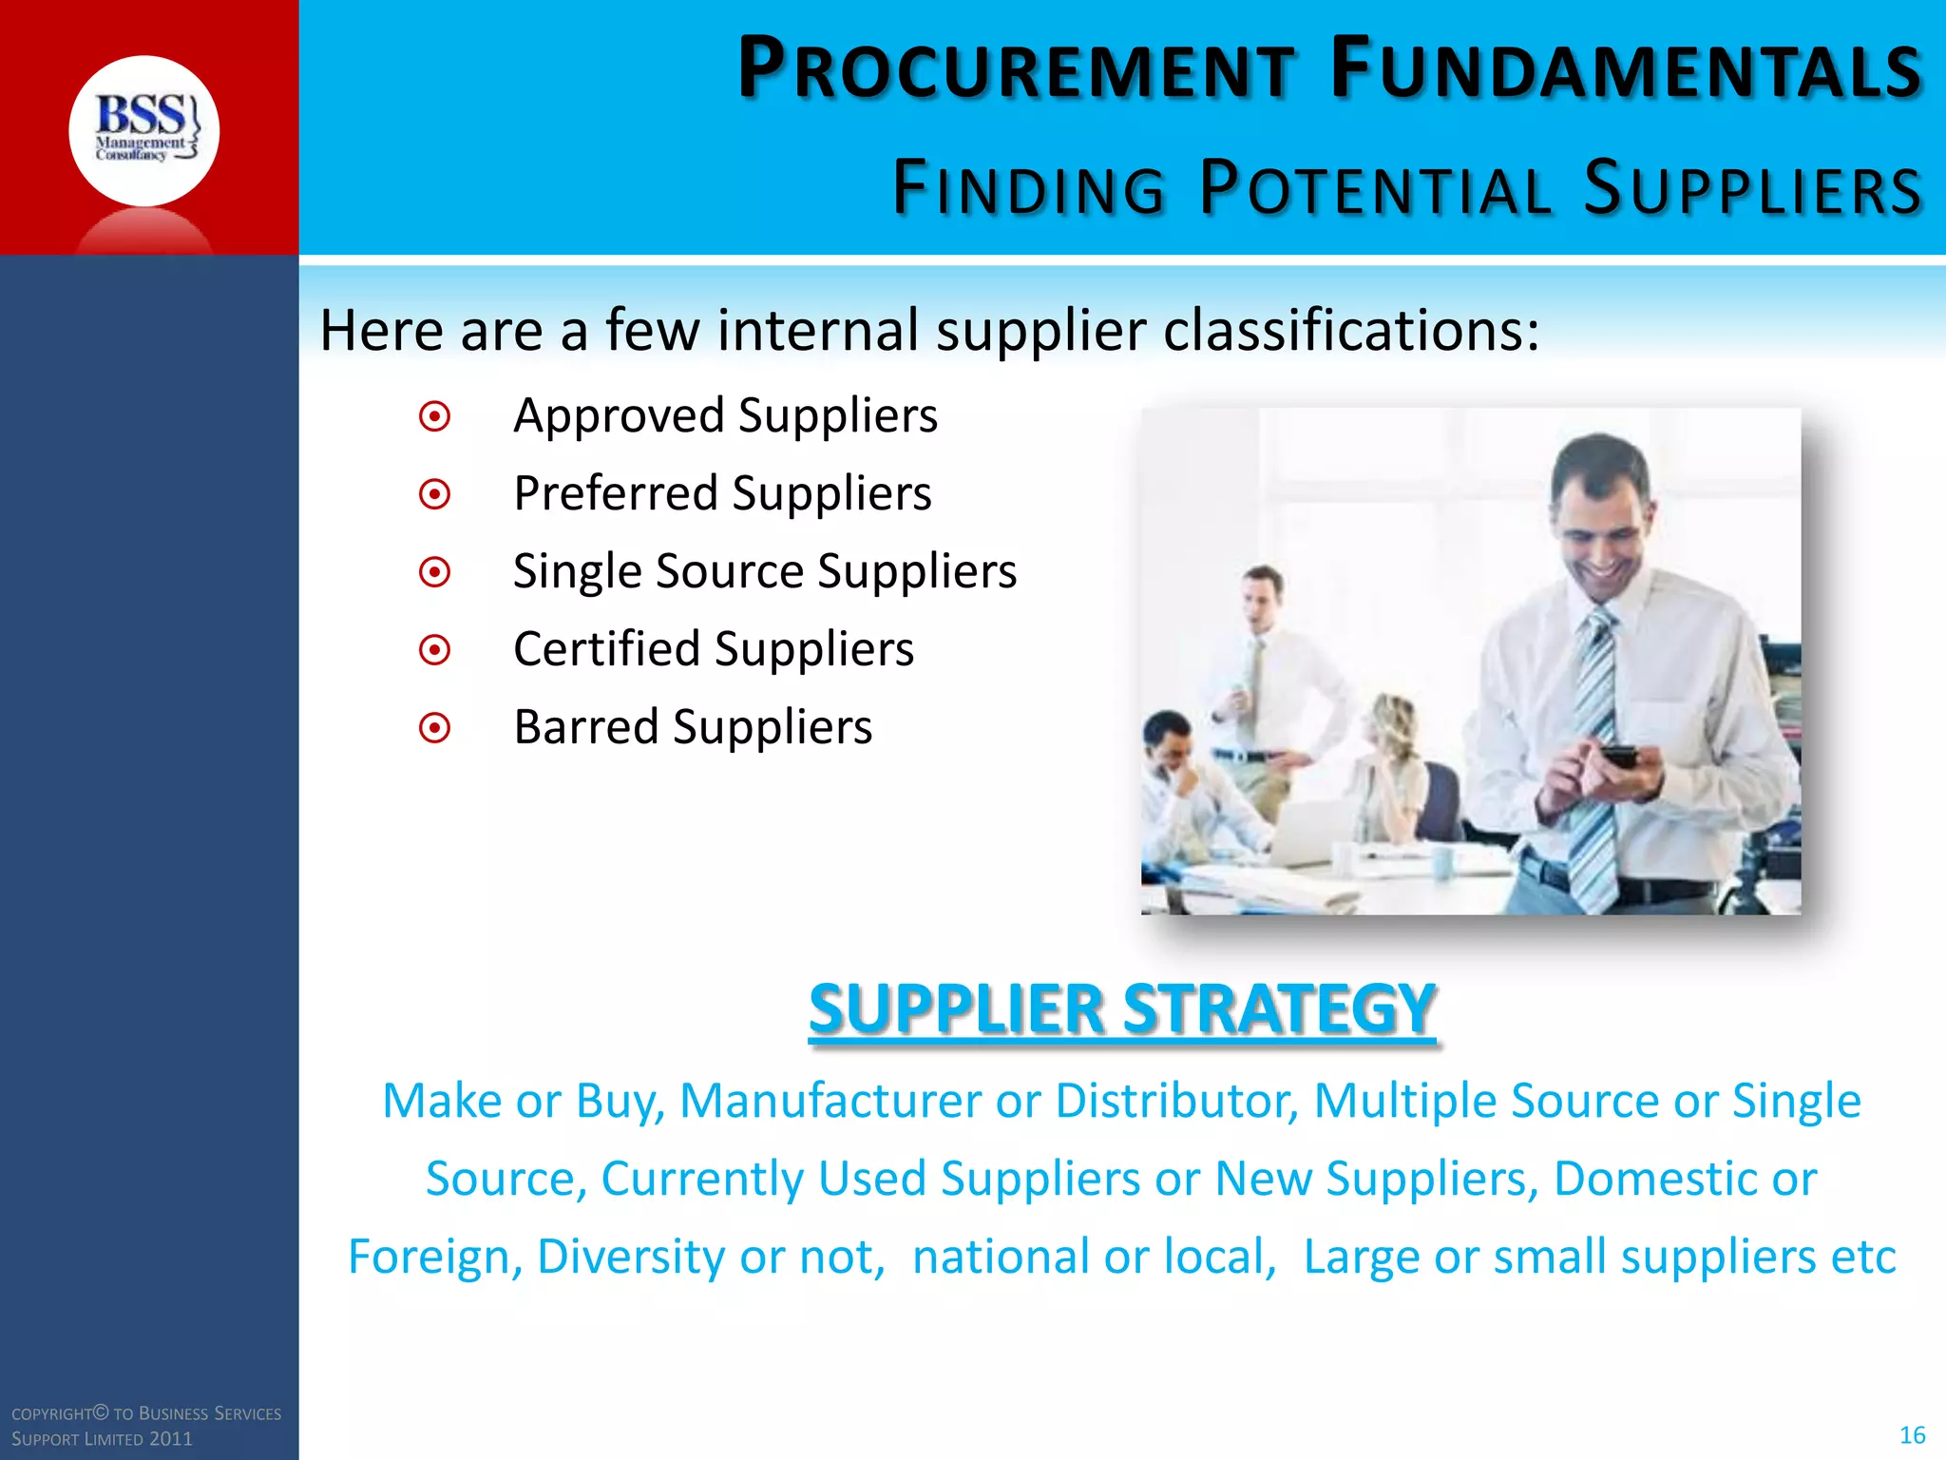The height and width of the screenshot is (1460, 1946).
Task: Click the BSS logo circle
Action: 143,130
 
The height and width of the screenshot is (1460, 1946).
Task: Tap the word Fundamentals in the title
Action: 1626,69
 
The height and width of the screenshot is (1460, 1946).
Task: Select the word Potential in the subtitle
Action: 1374,188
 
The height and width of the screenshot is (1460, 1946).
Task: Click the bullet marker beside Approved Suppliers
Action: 435,416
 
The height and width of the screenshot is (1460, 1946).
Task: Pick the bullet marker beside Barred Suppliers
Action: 435,728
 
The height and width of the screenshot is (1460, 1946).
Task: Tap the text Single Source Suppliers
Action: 765,572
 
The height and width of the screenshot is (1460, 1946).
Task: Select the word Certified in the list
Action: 606,650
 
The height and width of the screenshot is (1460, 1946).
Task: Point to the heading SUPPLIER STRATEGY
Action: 1121,1009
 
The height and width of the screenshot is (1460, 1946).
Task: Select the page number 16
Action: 1912,1435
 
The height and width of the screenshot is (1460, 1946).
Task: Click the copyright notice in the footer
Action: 146,1426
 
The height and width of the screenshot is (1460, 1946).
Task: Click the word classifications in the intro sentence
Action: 1350,331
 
